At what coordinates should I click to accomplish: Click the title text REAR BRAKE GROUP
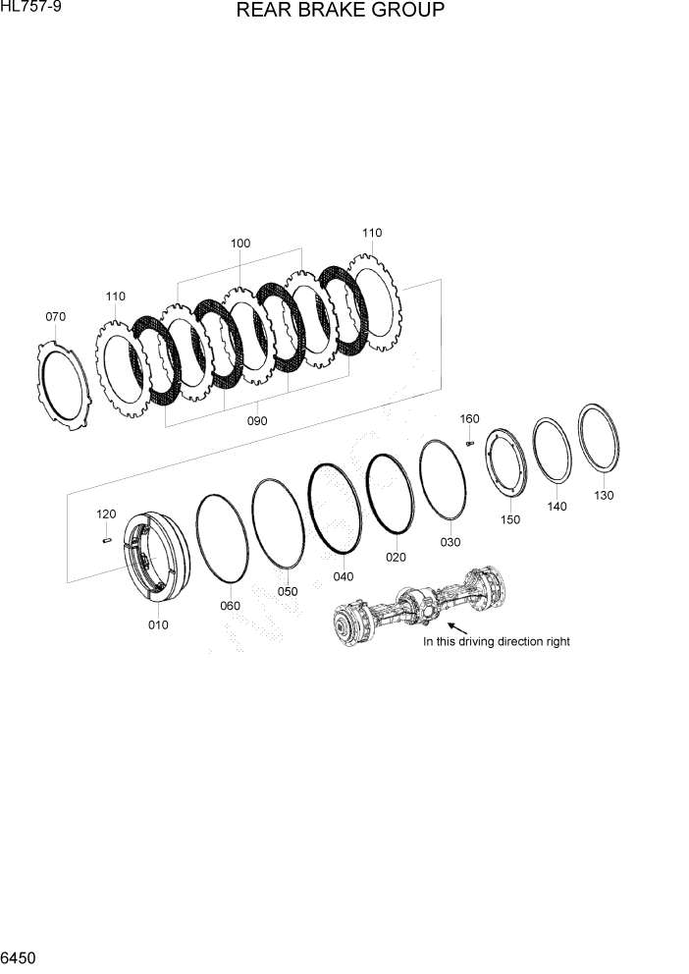[x=340, y=12]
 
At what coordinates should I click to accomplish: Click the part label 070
[x=56, y=317]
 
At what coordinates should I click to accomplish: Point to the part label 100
[x=240, y=243]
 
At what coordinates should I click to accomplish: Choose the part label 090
[x=257, y=420]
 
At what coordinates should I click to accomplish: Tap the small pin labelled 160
[x=470, y=444]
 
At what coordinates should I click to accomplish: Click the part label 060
[x=230, y=606]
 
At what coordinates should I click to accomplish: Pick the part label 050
[x=287, y=591]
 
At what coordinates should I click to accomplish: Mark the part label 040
[x=344, y=576]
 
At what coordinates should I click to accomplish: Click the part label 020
[x=396, y=557]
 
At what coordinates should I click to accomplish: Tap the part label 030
[x=450, y=542]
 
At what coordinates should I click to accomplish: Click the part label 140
[x=557, y=507]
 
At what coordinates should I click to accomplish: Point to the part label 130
[x=604, y=495]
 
